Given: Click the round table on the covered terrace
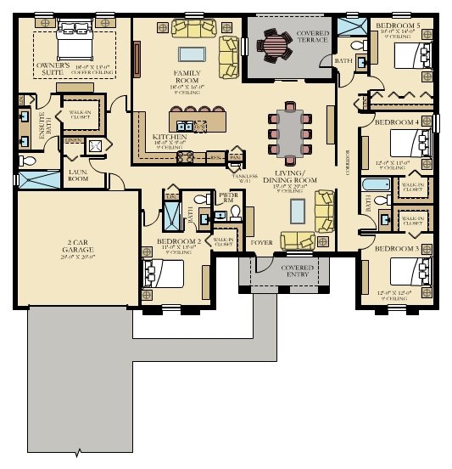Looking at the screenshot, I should (x=276, y=43).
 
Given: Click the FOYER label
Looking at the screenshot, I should (x=263, y=242).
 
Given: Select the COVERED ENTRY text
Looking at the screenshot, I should (x=298, y=271).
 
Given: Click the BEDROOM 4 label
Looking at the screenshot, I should (x=395, y=122).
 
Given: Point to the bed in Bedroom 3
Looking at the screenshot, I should (x=410, y=273).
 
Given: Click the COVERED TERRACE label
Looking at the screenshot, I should (x=313, y=35).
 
